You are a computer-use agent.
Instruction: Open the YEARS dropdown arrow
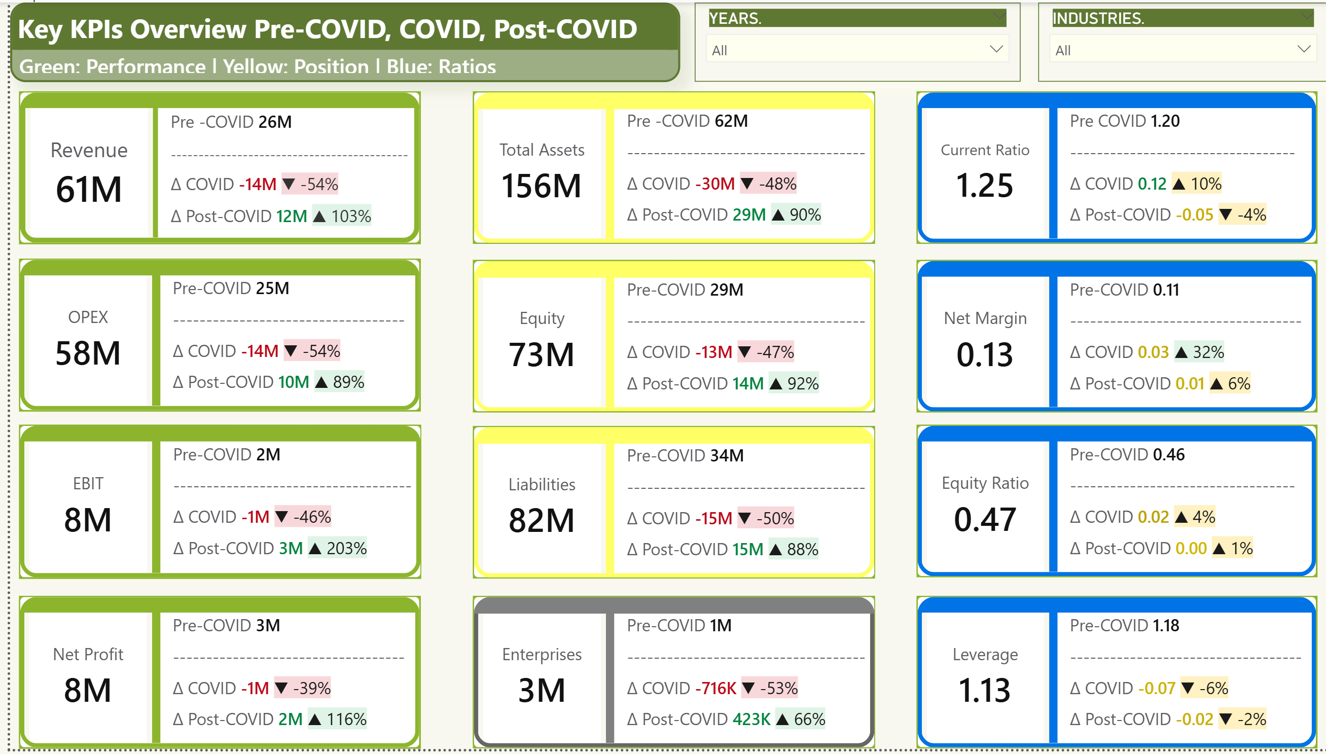coord(996,50)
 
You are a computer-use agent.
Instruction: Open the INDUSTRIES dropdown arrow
coord(1304,50)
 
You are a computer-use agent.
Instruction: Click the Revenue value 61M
coord(89,189)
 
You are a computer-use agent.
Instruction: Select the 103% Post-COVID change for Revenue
coord(350,216)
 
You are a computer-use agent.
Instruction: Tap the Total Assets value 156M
coord(541,186)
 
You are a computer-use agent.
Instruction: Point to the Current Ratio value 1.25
coord(984,186)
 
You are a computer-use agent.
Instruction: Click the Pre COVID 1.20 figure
coord(1164,121)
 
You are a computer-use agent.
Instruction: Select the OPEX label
coord(88,317)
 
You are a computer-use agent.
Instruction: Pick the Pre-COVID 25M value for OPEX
coord(272,289)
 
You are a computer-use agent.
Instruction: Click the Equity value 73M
coord(541,355)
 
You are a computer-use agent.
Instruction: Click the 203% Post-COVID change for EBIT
coord(346,548)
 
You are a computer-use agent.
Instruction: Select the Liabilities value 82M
coord(541,520)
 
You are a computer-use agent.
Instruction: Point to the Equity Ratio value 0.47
coord(984,519)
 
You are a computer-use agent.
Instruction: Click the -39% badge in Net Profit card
coord(311,688)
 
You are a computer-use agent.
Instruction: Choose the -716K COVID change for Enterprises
coord(715,688)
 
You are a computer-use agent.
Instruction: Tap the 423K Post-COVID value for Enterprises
coord(751,719)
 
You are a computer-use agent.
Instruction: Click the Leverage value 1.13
coord(984,690)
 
